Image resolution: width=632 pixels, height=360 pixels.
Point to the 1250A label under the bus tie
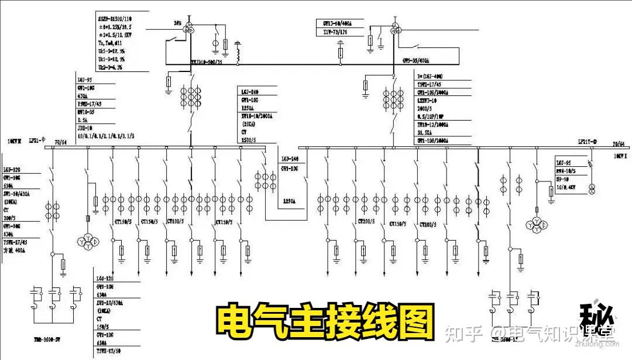coord(289,201)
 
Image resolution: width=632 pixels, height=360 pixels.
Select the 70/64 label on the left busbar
coord(60,142)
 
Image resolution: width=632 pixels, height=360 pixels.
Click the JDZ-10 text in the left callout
coord(86,127)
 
